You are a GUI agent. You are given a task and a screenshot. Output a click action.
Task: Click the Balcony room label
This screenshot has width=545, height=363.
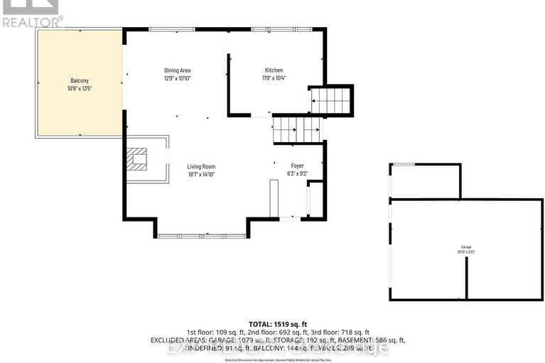coord(79,81)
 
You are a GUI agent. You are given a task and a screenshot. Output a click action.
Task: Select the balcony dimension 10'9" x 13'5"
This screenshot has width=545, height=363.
coord(79,90)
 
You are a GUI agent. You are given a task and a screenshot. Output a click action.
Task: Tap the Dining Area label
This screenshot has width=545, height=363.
coord(177,70)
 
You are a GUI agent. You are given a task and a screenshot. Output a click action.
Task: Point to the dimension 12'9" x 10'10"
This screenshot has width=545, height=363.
coord(177,79)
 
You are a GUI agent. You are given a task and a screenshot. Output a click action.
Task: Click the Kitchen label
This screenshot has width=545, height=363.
coord(274,70)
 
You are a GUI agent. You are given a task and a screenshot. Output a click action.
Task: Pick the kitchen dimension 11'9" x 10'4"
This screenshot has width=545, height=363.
coord(274,79)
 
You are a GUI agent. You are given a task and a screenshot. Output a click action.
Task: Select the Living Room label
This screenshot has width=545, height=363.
coord(201,166)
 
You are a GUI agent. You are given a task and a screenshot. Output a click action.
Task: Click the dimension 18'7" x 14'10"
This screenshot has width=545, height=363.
coord(201,174)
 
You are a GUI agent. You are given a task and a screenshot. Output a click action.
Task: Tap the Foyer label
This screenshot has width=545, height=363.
coord(297,166)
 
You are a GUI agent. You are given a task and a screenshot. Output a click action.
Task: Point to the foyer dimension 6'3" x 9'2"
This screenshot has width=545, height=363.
coord(297,174)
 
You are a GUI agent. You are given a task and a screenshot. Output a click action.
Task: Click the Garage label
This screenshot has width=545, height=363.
coord(466,246)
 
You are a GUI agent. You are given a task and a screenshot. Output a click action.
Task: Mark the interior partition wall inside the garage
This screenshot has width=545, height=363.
coord(467,277)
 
